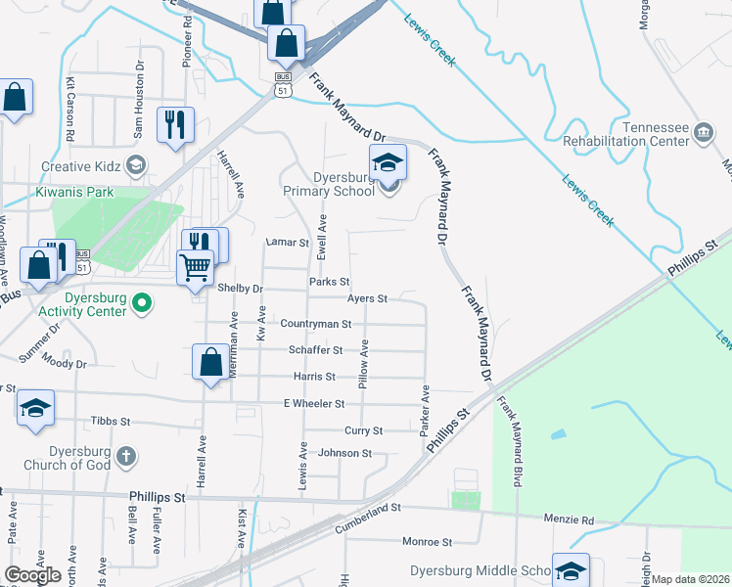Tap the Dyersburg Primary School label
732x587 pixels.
(x=329, y=184)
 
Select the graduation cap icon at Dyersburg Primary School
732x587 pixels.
(x=389, y=163)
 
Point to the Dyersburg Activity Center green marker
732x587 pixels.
(x=142, y=304)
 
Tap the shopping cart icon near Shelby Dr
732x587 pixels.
(x=196, y=267)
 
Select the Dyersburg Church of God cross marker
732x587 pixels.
(x=125, y=456)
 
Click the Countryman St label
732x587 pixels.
(x=315, y=324)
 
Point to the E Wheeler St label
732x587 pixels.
(x=313, y=403)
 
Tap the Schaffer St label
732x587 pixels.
(x=315, y=350)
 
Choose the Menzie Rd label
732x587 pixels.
(x=574, y=521)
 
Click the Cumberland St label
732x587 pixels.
(x=370, y=508)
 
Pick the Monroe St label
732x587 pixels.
(x=426, y=541)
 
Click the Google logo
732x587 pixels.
(x=32, y=575)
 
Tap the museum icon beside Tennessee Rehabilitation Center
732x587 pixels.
(x=703, y=132)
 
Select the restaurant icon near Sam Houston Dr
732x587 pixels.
(x=176, y=124)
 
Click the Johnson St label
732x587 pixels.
(x=345, y=453)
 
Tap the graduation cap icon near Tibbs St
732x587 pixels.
(x=35, y=408)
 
